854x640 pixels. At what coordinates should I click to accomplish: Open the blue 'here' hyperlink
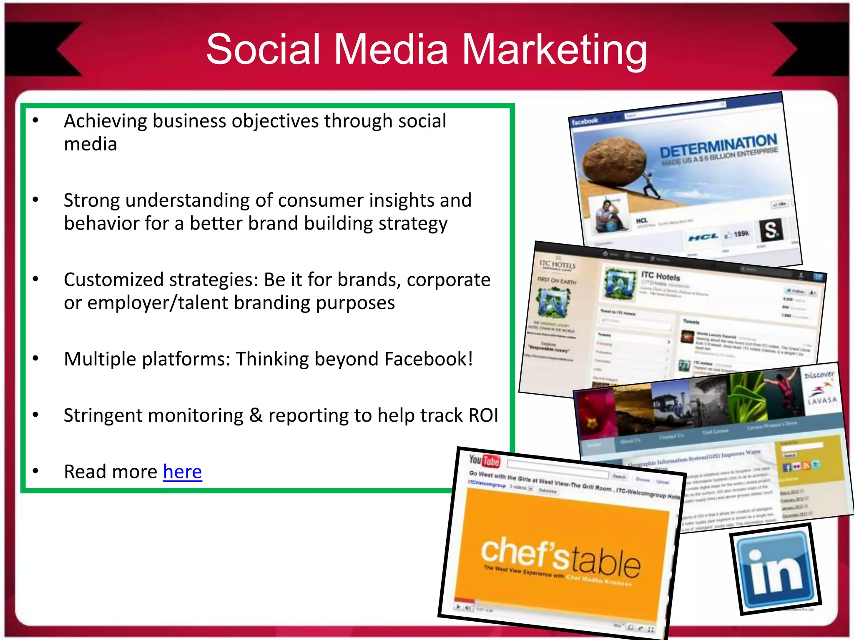click(x=182, y=472)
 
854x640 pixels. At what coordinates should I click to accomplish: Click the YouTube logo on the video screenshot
click(x=484, y=460)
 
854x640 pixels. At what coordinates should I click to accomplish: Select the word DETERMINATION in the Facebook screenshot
click(x=718, y=145)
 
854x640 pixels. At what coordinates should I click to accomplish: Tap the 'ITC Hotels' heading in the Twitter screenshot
click(x=661, y=276)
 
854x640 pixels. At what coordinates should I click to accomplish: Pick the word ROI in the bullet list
click(x=483, y=415)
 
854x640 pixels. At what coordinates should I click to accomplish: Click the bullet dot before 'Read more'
click(x=36, y=471)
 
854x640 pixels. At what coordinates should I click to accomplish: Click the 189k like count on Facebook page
click(x=741, y=234)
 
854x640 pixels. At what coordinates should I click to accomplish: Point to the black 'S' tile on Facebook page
click(x=771, y=230)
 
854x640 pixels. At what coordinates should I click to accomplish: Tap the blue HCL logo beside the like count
click(x=703, y=237)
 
